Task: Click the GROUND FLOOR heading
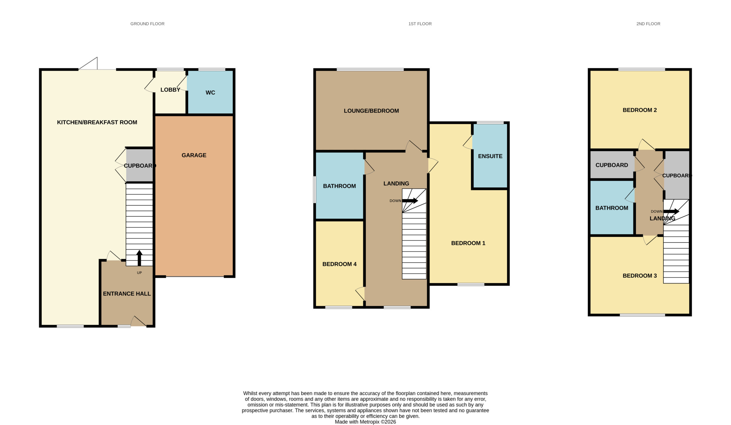[147, 24]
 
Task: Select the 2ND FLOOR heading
[648, 24]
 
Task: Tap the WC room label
[210, 93]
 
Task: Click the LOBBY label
[170, 90]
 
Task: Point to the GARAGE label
[194, 155]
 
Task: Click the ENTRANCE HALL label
[127, 294]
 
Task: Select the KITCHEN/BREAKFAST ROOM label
[97, 122]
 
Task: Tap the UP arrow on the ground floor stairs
[139, 258]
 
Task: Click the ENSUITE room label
[490, 156]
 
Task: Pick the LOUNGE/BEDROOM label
[371, 111]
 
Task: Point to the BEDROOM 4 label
[340, 264]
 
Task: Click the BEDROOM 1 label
[468, 243]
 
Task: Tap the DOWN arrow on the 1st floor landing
[410, 201]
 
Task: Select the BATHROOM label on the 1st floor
[340, 186]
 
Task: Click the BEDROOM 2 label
[640, 110]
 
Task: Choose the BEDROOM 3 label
[640, 276]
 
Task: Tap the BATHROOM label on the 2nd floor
[612, 208]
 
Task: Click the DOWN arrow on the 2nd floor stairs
[671, 211]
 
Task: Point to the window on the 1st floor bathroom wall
[314, 190]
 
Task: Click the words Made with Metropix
[357, 422]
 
